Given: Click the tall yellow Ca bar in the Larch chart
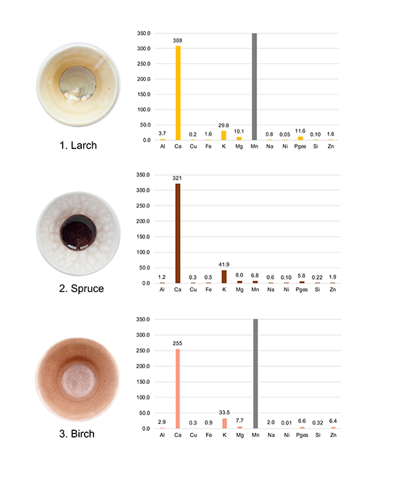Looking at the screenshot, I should [178, 93].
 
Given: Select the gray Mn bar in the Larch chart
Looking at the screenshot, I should [254, 86].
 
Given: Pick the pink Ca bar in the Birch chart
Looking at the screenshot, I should [178, 389].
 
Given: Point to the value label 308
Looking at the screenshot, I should [178, 41].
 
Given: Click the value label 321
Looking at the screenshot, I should [178, 179].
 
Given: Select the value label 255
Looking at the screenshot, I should [178, 344].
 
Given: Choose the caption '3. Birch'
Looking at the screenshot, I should [76, 434].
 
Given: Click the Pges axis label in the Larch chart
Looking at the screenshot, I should [301, 146].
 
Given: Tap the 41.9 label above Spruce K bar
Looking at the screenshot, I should [224, 264].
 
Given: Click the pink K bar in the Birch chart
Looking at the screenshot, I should [224, 423].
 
